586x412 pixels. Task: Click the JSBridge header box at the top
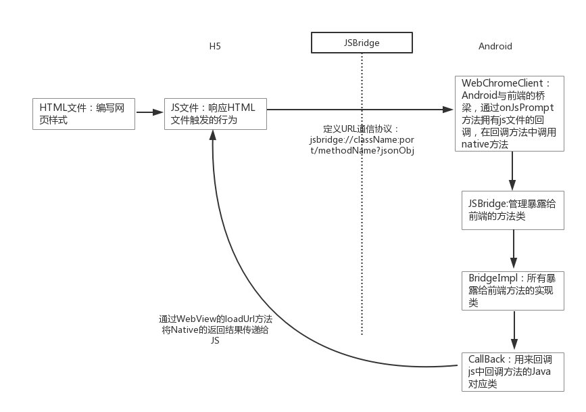click(362, 43)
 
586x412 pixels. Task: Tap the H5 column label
click(215, 47)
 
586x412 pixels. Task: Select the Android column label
click(495, 47)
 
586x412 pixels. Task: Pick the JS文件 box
click(216, 113)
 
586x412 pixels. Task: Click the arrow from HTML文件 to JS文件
click(150, 112)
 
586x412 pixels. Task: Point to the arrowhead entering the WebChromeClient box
click(447, 110)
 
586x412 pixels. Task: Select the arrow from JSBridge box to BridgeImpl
click(514, 250)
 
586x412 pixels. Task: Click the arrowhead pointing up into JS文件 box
click(213, 135)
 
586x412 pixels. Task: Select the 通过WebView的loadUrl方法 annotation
click(211, 319)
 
